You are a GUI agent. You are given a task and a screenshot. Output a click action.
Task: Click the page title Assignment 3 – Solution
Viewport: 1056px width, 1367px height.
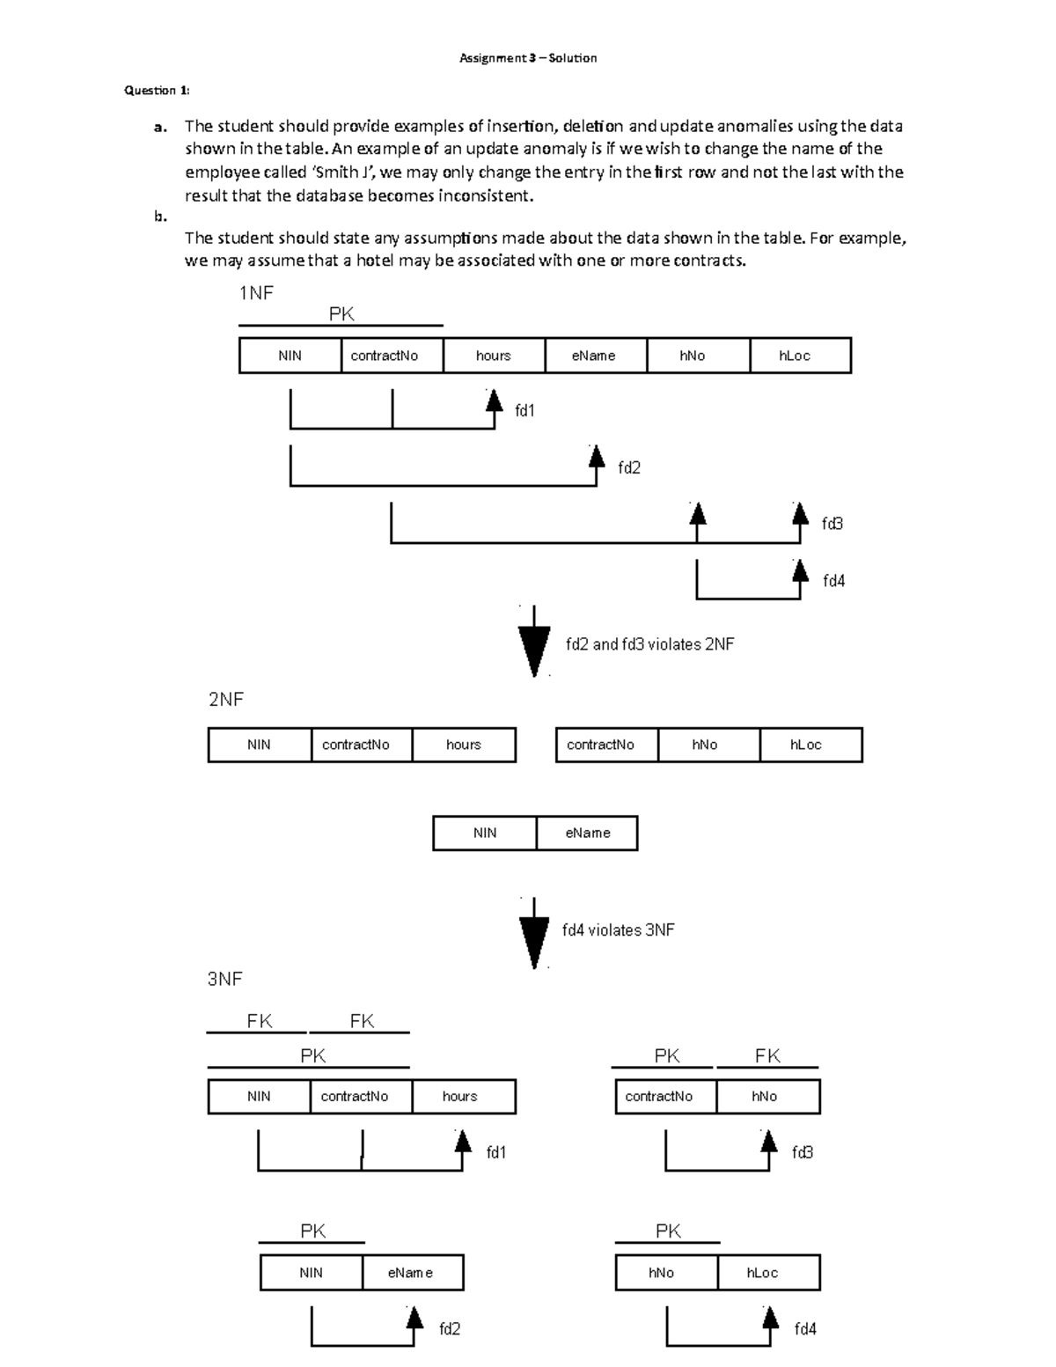[x=528, y=58]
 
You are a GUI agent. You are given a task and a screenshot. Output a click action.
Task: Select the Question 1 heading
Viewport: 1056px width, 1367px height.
[x=157, y=90]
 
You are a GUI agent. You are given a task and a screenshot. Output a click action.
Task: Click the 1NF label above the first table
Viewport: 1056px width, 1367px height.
[x=256, y=293]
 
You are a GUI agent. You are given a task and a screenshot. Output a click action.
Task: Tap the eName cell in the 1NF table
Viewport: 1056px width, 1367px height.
[x=594, y=356]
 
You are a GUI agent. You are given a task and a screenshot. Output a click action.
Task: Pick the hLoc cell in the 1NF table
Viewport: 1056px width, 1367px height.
[x=795, y=356]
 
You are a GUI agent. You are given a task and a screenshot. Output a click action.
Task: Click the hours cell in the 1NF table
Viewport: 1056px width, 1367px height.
[x=493, y=356]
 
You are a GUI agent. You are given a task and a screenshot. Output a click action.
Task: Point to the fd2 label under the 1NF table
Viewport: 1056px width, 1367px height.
[x=628, y=467]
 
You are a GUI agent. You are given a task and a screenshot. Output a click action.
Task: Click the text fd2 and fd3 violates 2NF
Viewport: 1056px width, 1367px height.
[x=649, y=644]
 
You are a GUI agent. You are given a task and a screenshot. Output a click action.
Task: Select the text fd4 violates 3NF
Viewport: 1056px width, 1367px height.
[x=618, y=930]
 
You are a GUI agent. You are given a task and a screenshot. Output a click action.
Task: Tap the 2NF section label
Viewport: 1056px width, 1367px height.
[x=225, y=700]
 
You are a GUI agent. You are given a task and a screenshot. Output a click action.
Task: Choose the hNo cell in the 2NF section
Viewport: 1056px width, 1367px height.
[x=705, y=745]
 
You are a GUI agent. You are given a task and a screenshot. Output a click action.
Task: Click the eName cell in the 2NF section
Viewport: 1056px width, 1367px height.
[x=587, y=833]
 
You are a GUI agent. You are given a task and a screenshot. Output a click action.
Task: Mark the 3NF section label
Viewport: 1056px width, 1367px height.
[x=224, y=979]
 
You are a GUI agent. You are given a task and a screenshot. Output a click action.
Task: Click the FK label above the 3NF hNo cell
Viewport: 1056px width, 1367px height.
[x=767, y=1055]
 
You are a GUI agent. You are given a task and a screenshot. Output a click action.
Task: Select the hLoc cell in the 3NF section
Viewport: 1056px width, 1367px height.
[x=762, y=1273]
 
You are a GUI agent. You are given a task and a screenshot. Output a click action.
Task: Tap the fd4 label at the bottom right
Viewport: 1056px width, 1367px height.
[x=805, y=1329]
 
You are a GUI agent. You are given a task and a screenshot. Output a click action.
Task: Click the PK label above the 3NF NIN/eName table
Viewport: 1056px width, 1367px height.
[x=312, y=1231]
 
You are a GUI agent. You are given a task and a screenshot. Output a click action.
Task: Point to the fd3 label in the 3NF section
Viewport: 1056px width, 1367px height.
[x=802, y=1152]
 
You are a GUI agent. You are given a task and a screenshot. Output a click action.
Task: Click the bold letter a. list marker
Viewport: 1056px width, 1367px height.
[x=160, y=127]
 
